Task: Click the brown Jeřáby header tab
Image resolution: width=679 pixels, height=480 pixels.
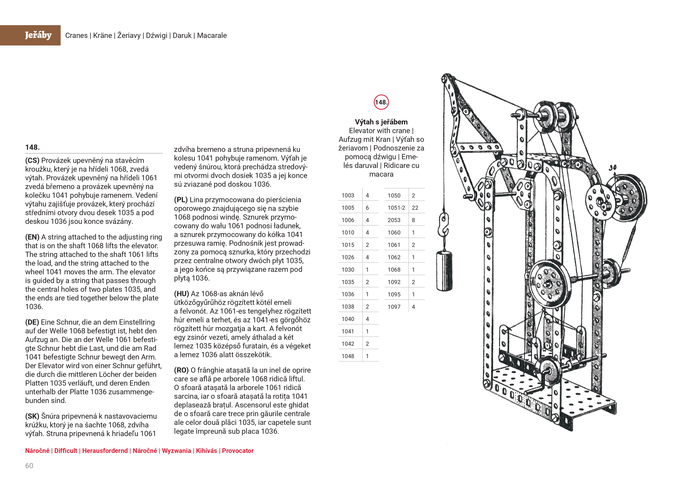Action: [30, 35]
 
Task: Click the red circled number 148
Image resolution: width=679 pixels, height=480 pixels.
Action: [381, 102]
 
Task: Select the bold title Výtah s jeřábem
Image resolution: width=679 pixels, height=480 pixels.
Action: [381, 122]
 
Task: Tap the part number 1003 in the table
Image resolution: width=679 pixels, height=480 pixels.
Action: [348, 195]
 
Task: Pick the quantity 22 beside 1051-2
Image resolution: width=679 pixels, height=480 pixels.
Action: [415, 208]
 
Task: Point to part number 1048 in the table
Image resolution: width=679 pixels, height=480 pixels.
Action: [348, 356]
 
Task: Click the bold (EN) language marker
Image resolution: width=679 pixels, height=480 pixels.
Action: [32, 237]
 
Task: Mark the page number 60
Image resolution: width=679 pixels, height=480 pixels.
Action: [29, 466]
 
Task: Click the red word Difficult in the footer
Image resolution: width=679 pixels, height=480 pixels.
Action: [66, 451]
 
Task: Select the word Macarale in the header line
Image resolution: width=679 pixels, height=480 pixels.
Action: [212, 35]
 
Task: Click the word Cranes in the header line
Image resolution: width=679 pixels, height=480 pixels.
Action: [76, 35]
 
